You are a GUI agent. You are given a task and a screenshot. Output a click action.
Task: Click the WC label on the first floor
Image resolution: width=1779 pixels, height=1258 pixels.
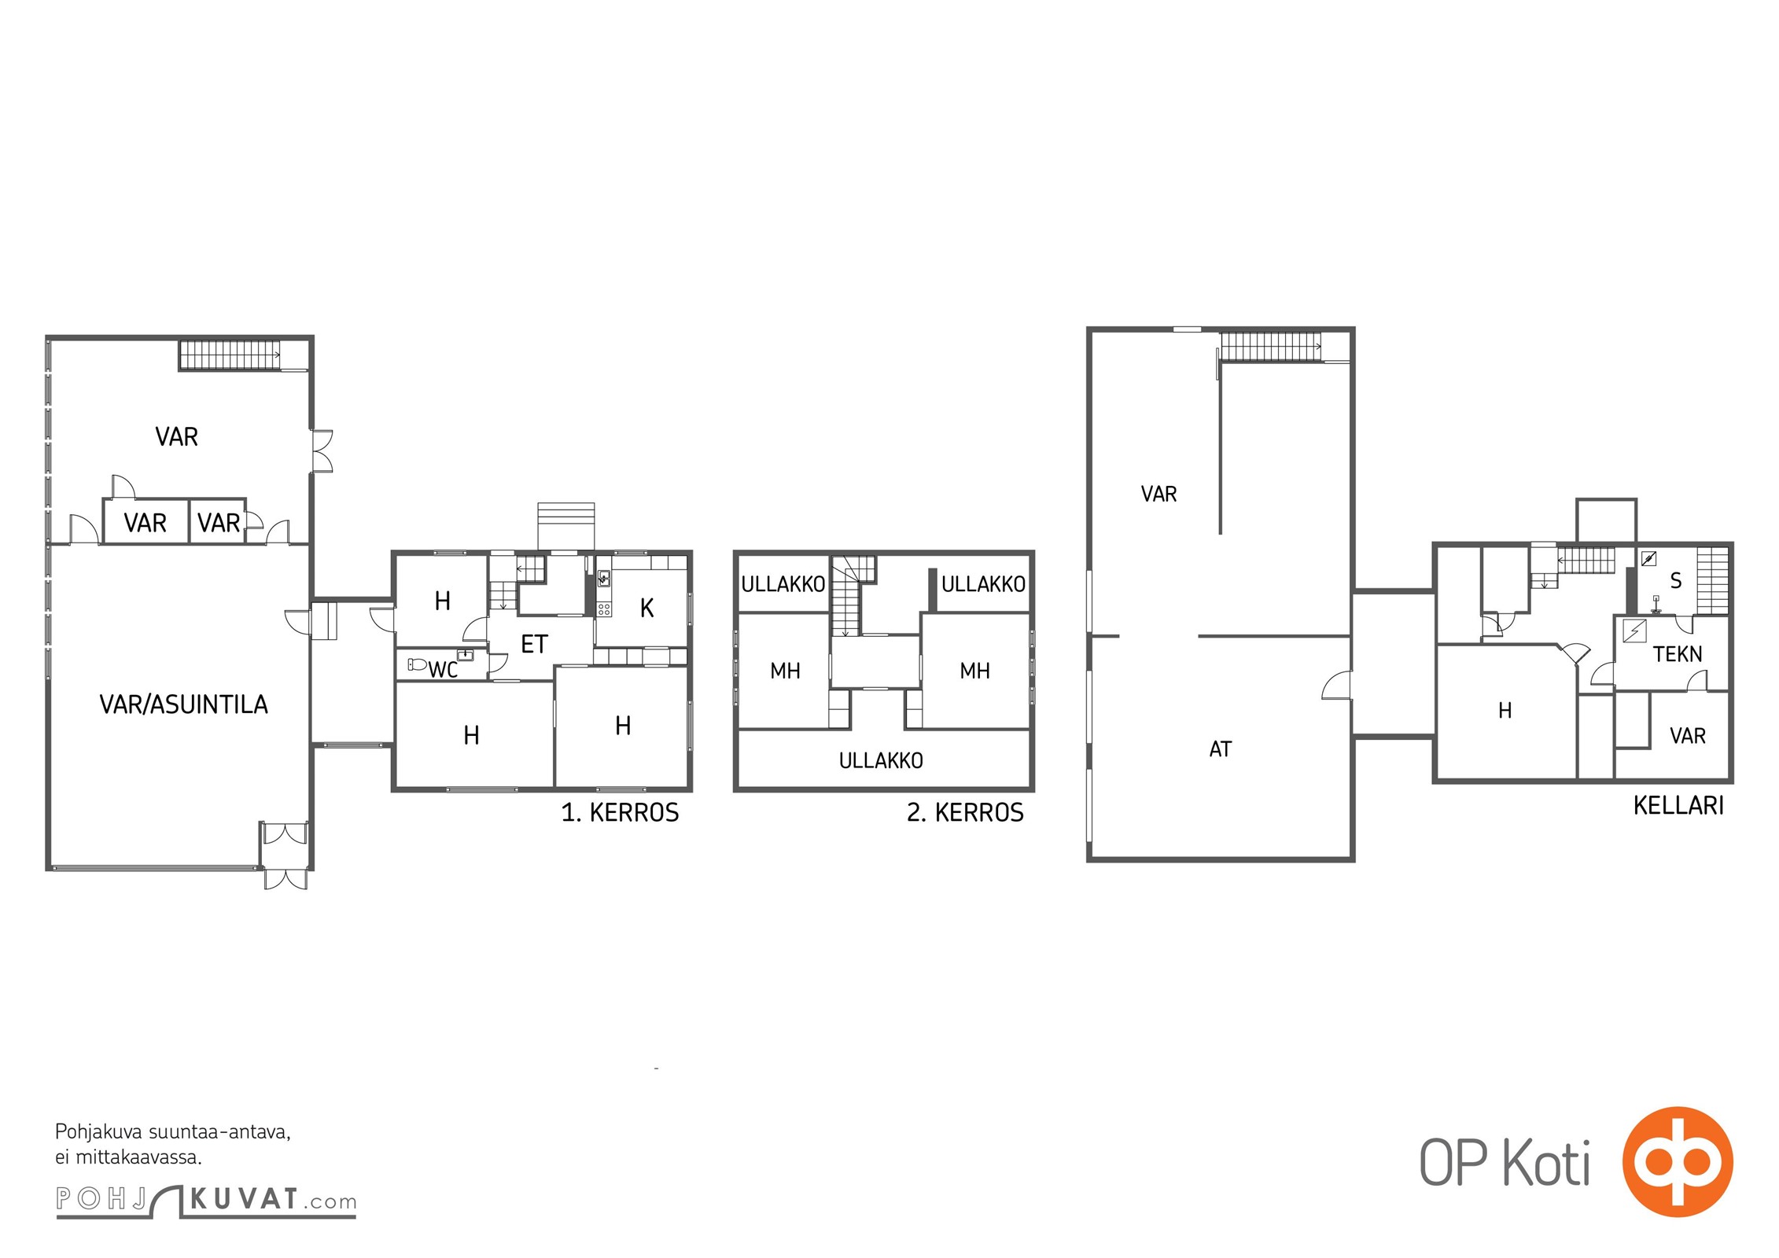443,669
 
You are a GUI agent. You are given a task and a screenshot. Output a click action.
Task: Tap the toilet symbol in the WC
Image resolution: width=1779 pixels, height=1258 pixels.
417,664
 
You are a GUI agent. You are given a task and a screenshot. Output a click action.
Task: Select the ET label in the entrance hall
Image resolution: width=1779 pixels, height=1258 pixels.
534,645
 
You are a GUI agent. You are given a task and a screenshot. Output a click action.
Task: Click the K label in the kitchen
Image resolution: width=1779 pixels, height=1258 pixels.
647,608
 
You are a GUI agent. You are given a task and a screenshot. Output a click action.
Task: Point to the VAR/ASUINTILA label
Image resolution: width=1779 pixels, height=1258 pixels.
184,704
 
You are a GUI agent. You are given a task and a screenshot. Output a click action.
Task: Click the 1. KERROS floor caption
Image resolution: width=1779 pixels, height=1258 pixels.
620,812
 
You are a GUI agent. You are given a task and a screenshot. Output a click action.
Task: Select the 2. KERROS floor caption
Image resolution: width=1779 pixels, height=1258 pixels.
965,812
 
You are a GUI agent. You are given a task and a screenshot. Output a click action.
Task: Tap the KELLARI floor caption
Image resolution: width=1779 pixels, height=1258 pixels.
1678,805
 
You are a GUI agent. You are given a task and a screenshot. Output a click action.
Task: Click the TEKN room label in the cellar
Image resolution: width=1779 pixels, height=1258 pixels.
1678,654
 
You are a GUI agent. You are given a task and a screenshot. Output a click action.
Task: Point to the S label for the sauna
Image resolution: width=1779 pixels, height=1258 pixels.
1676,581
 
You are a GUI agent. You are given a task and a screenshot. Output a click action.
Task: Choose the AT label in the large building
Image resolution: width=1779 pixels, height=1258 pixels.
1221,749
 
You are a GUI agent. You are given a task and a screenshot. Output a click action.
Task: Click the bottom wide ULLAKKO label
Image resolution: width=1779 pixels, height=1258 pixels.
881,760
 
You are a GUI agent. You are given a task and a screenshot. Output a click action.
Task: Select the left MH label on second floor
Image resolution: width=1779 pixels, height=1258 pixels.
785,671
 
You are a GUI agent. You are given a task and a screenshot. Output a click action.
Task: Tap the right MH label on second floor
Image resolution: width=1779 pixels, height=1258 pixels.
974,671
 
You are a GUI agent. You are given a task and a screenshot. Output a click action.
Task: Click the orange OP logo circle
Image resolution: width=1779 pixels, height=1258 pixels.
1678,1161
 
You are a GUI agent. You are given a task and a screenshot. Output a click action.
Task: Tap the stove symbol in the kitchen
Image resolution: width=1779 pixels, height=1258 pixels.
604,609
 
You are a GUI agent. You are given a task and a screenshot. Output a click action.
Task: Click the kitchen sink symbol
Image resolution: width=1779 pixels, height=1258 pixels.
603,578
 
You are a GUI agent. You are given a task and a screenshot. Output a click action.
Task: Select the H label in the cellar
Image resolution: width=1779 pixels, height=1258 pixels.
1505,711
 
